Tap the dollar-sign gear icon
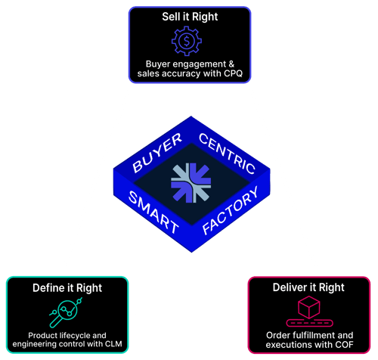pyautogui.click(x=188, y=40)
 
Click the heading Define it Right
pyautogui.click(x=67, y=287)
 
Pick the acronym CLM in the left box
pyautogui.click(x=111, y=345)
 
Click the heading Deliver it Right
pyautogui.click(x=309, y=287)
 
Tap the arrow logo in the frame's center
pyautogui.click(x=188, y=182)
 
